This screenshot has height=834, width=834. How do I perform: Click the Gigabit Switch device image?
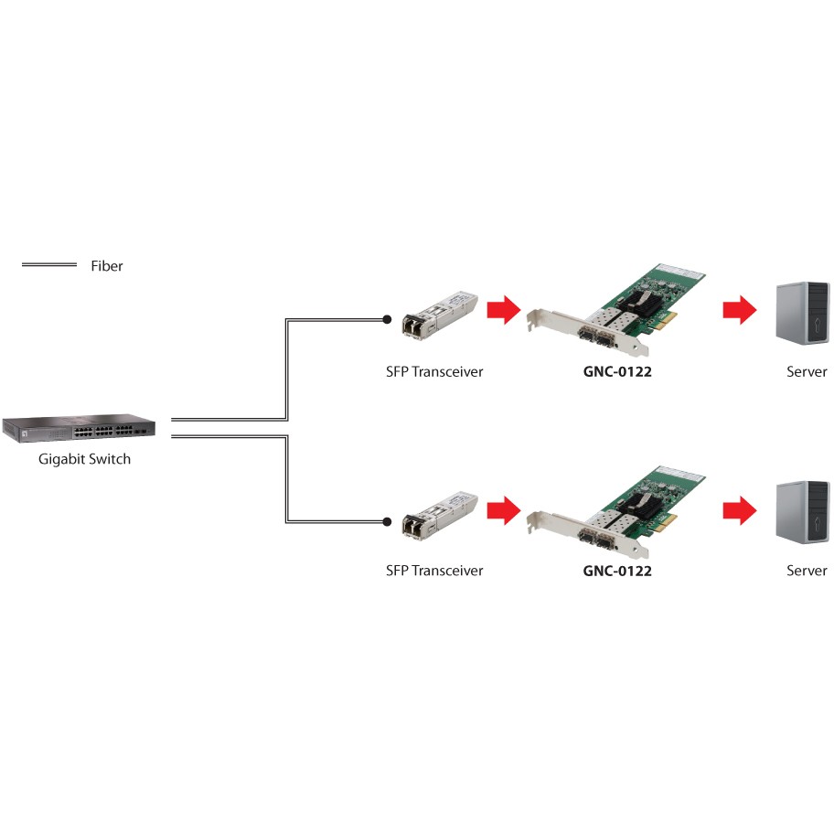79,427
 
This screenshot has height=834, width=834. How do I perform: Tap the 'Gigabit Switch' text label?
84,459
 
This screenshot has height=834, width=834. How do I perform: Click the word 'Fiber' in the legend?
106,266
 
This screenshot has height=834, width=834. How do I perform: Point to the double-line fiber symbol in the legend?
48,265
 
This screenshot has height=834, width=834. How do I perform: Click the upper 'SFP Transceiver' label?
434,372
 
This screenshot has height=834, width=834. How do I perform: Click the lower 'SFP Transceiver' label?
434,571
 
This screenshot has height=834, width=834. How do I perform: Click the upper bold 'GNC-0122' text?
617,372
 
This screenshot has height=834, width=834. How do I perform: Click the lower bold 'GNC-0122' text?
617,571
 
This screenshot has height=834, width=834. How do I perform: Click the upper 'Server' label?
807,372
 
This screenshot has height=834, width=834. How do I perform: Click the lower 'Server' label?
807,571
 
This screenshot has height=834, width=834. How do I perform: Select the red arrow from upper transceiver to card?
502,311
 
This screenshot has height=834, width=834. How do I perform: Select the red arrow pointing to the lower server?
739,509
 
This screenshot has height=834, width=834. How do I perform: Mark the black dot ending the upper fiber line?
388,320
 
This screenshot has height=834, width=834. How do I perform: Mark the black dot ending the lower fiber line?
388,522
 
